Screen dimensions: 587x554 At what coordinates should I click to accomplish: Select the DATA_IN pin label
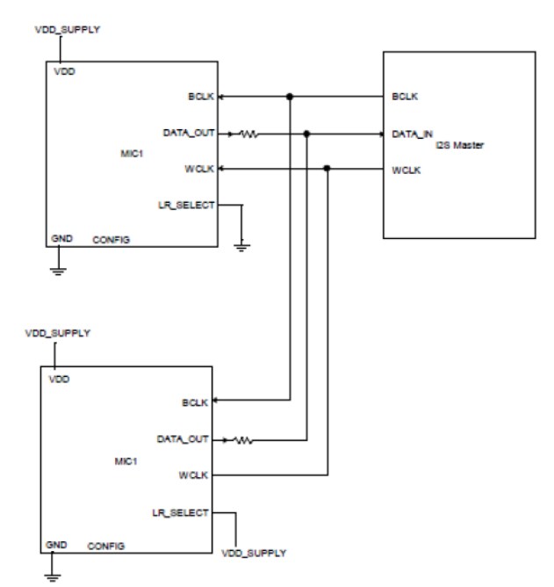[x=413, y=134]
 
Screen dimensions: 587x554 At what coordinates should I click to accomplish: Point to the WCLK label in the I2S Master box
[x=407, y=170]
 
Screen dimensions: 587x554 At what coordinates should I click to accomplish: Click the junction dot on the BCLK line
[x=289, y=97]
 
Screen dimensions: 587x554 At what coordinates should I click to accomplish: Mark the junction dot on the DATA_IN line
[x=306, y=134]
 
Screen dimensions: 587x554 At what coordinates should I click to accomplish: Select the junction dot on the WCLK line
[x=327, y=169]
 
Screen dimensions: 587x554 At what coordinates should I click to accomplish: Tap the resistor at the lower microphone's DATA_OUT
[x=243, y=440]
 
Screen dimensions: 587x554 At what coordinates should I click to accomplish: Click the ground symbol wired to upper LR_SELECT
[x=241, y=246]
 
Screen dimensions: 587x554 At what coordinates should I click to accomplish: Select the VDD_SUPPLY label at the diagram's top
[x=67, y=30]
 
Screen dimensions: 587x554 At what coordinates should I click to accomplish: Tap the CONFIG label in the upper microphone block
[x=112, y=239]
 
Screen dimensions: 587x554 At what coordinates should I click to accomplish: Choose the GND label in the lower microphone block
[x=56, y=545]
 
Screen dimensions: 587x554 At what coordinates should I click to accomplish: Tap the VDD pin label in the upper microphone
[x=65, y=73]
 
